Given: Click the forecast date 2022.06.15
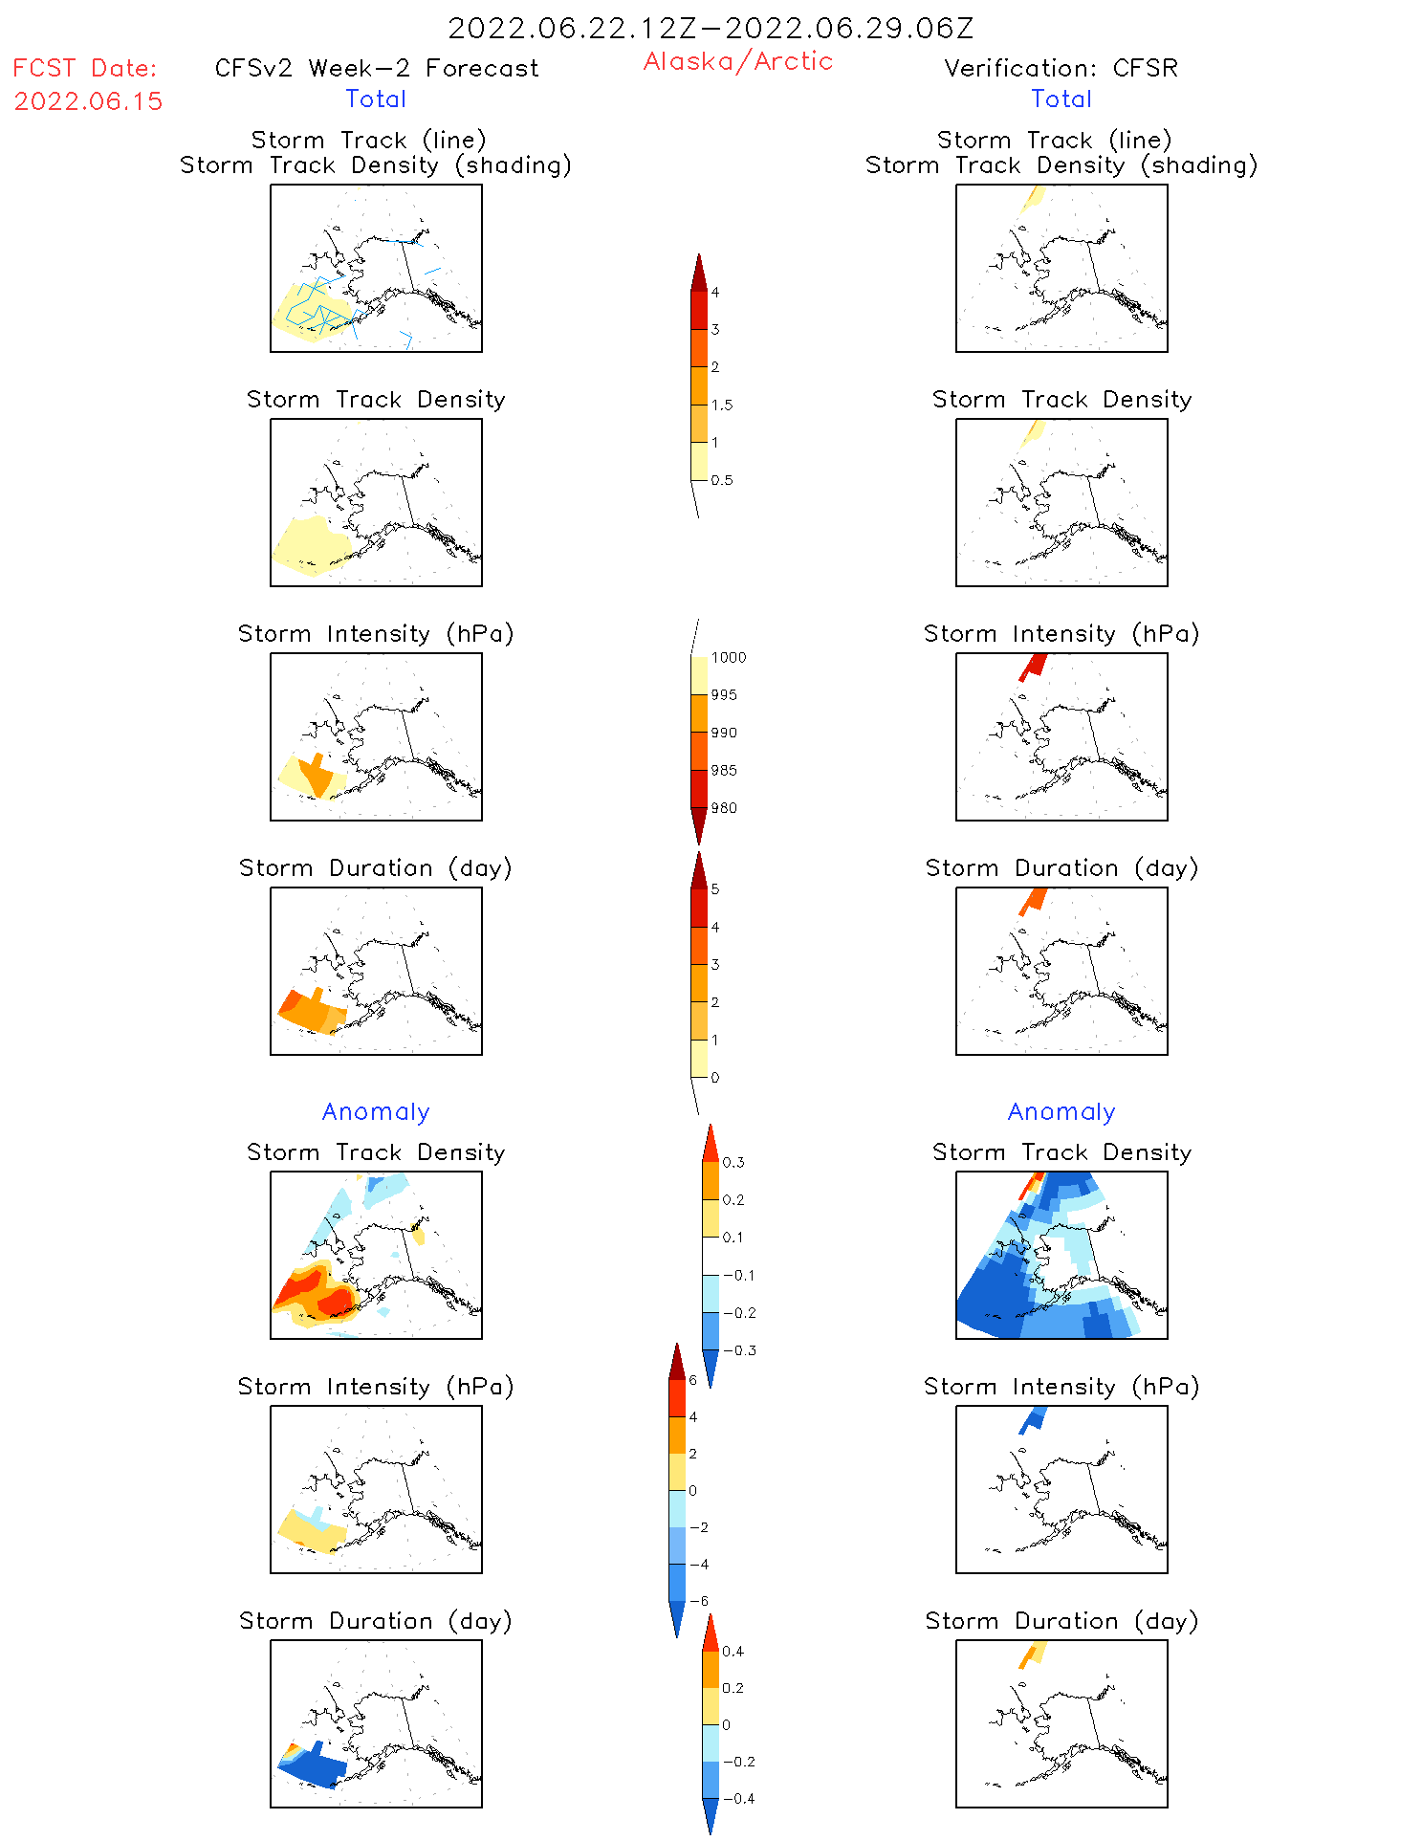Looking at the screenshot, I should coord(88,101).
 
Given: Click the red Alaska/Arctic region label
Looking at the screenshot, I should coord(737,61).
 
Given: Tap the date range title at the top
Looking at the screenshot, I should coord(711,28).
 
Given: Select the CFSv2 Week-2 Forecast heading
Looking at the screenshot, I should coord(376,68).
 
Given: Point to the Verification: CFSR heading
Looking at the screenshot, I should coord(1061,68).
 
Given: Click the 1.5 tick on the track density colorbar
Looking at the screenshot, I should coord(722,405).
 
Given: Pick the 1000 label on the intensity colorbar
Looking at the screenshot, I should coord(729,657).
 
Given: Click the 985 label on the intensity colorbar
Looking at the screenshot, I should coord(724,770).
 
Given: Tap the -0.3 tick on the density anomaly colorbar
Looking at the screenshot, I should coord(739,1350).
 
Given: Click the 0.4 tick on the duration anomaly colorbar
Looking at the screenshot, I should coord(733,1651).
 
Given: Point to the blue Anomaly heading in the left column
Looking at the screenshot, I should coord(376,1111).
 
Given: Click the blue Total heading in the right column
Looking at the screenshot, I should coord(1061,99).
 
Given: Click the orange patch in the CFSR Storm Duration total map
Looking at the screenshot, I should coord(1034,900).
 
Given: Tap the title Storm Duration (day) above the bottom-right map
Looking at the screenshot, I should coord(1061,1621).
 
